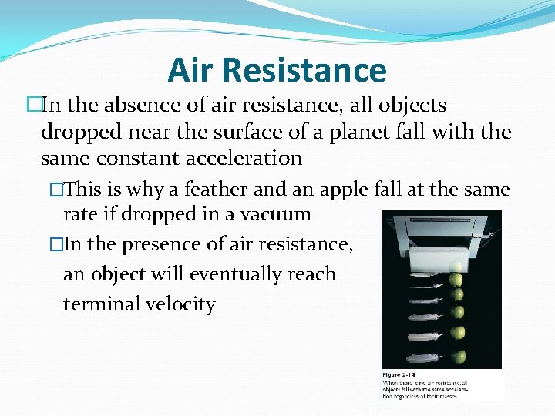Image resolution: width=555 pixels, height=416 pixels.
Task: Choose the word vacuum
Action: coord(276,214)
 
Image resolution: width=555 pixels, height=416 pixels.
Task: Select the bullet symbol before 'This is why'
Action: coord(55,190)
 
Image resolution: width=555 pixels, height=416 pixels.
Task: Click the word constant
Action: coord(133,159)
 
